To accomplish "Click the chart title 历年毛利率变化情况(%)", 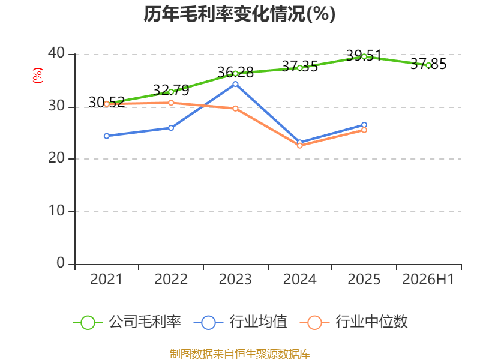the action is point(239,14).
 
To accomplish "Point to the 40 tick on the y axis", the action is point(56,53).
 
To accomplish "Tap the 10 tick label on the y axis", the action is point(56,211).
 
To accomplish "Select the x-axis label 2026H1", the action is point(428,279).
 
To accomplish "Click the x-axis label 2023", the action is point(235,279).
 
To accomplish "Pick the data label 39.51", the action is point(364,56).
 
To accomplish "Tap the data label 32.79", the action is point(171,91).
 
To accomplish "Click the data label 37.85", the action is point(428,64).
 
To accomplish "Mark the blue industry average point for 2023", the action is point(235,84).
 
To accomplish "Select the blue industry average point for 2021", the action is point(107,136).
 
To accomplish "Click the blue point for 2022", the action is point(171,128).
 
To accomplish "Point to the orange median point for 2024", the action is point(299,146).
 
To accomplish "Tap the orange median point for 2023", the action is point(235,109).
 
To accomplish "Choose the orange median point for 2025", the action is point(364,130).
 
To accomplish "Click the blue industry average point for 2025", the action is point(364,125).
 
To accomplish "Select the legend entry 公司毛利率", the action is point(127,322).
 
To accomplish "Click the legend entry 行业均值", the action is point(241,322).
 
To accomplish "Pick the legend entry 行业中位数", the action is point(354,322).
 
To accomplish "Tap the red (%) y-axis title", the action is point(38,76).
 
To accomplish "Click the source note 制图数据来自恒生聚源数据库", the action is point(239,354).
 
